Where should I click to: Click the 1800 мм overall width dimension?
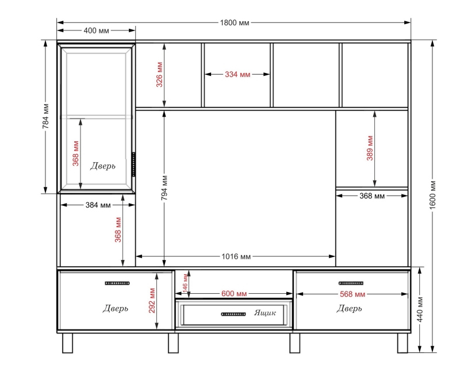(235, 22)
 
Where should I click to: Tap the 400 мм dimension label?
(96, 30)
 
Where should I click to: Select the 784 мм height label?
(45, 116)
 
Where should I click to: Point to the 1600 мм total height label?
(433, 195)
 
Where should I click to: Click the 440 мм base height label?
(420, 309)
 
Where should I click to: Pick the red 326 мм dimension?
(159, 75)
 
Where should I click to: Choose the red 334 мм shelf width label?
(237, 75)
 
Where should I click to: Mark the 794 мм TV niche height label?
(164, 188)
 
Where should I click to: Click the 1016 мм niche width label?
(236, 257)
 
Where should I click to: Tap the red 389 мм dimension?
(370, 148)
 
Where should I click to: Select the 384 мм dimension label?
(98, 205)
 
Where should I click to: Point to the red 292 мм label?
(152, 301)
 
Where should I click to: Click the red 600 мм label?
(234, 294)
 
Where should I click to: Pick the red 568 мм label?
(352, 294)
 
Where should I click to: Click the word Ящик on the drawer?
(265, 313)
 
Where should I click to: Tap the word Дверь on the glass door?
(103, 166)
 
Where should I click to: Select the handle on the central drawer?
(233, 315)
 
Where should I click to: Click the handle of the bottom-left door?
(117, 283)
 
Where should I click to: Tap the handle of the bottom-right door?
(351, 283)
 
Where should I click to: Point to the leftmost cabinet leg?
(67, 343)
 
